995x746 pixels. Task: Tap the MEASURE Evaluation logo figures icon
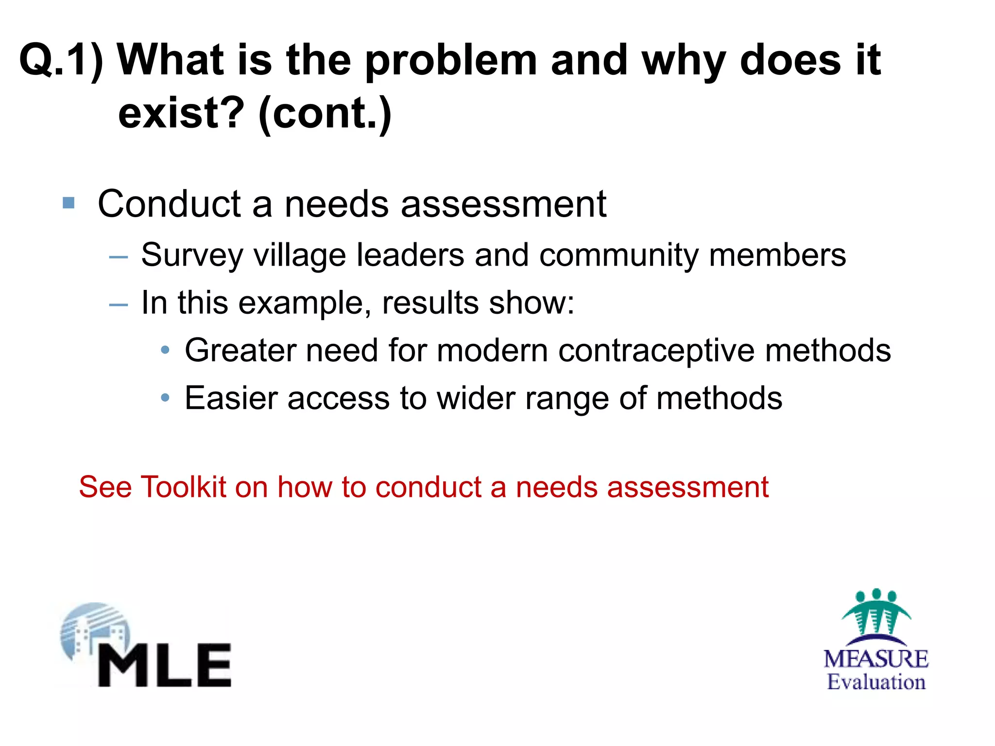pos(876,613)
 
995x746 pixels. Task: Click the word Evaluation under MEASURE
pos(876,682)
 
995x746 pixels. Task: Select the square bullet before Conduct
pos(69,203)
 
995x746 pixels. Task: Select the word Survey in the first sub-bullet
pos(191,255)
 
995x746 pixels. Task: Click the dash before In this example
pos(118,305)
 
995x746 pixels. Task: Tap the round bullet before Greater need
pos(165,350)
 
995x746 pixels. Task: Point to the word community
pos(618,255)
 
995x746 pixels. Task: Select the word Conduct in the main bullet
pos(169,204)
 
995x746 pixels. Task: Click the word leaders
pos(410,254)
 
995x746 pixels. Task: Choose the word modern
pos(492,351)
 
